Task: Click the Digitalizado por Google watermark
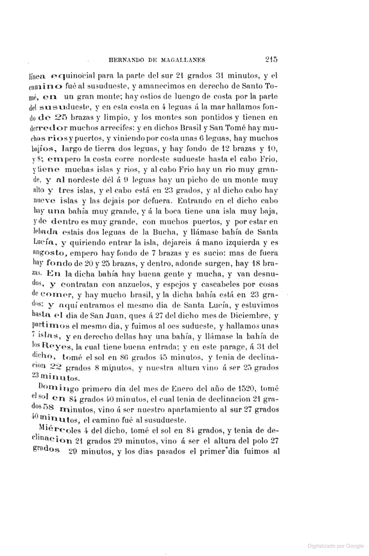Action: [x=336, y=546]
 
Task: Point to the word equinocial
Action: [x=68, y=76]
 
